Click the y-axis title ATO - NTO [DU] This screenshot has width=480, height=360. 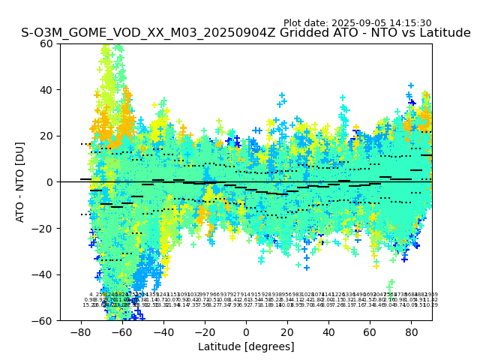[x=21, y=182]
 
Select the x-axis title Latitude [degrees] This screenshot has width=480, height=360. [x=246, y=346]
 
